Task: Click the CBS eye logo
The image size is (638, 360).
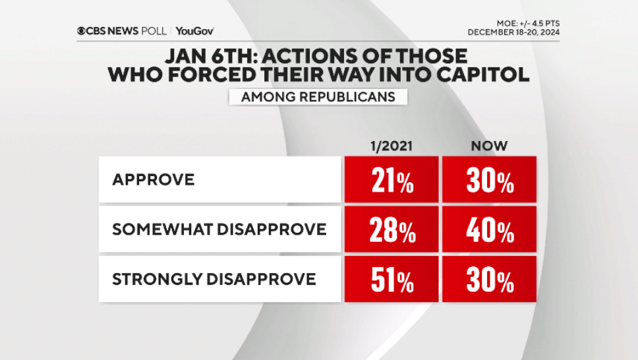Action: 82,31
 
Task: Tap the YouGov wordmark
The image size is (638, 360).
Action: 195,31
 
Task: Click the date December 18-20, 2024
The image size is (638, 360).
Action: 513,32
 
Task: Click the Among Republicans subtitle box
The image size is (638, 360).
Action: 318,97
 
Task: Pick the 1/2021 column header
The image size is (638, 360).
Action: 392,146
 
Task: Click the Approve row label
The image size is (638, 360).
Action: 153,179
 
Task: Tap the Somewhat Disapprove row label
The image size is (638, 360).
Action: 219,229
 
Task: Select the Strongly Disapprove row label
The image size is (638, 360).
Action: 214,279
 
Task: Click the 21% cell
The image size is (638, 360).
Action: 392,179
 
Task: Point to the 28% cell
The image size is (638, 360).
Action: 392,229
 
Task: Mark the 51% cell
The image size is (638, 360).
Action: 392,280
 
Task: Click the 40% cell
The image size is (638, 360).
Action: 490,229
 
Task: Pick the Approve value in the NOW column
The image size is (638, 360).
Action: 490,179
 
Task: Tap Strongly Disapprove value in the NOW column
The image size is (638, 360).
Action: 490,280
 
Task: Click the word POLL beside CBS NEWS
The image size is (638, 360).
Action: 156,31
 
